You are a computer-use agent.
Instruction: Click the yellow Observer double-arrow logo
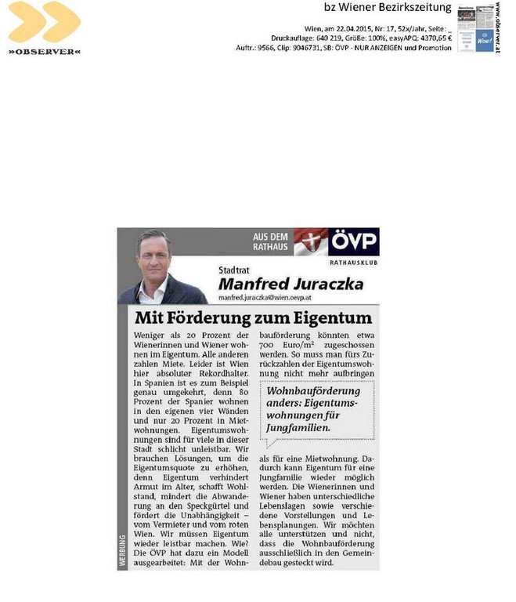(x=44, y=23)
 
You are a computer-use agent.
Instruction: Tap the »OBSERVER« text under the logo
(x=44, y=52)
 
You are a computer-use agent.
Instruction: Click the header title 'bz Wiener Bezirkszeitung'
(x=388, y=8)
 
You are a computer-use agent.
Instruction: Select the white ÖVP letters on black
(x=354, y=240)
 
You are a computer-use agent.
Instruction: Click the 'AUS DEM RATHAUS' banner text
(x=271, y=241)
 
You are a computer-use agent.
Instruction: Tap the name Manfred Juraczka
(x=290, y=284)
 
